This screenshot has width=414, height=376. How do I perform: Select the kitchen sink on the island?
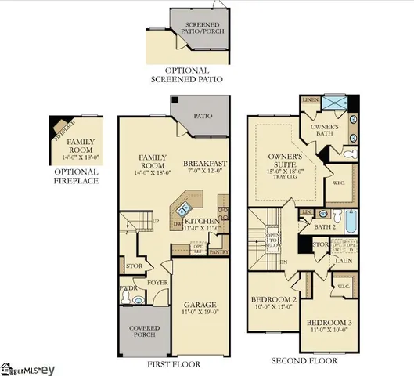click(185, 208)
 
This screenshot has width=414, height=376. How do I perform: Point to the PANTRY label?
click(220, 252)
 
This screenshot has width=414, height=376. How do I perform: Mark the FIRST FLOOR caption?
click(174, 364)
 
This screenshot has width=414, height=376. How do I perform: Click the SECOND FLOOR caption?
click(304, 361)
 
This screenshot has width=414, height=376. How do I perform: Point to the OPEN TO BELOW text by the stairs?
click(274, 238)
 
